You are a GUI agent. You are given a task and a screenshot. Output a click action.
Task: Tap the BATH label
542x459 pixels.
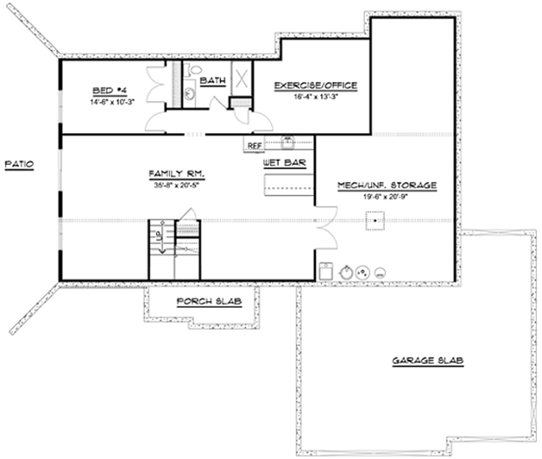tap(212, 81)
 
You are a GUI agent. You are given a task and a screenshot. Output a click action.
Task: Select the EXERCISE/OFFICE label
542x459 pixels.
tap(315, 85)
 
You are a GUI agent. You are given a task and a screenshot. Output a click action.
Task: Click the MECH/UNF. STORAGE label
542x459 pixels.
tap(388, 185)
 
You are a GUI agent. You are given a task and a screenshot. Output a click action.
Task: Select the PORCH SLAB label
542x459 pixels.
tap(208, 301)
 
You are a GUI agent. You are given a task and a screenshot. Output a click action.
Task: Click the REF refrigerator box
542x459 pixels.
tap(255, 146)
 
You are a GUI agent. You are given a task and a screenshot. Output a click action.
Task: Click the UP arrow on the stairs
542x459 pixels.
tap(157, 238)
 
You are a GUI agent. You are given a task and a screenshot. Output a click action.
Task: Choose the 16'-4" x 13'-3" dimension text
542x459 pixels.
tap(315, 96)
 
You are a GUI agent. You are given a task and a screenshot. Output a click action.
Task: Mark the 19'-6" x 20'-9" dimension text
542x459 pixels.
tap(387, 196)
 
